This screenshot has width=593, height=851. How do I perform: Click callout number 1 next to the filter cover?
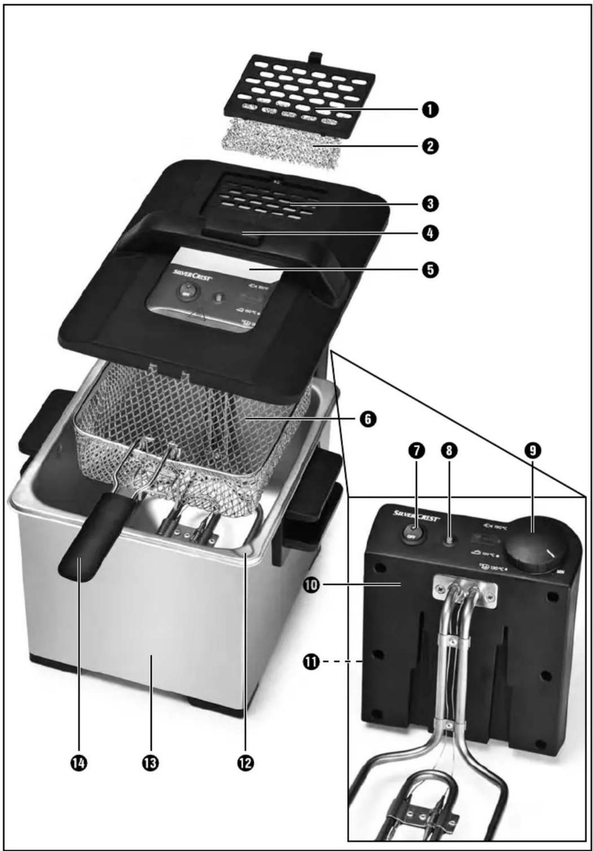click(430, 110)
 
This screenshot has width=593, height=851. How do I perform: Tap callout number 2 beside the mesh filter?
click(430, 147)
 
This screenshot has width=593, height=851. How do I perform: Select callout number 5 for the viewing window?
click(430, 270)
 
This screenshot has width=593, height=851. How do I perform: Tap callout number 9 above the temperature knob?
click(533, 451)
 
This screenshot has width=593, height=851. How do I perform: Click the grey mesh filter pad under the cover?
click(280, 146)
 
